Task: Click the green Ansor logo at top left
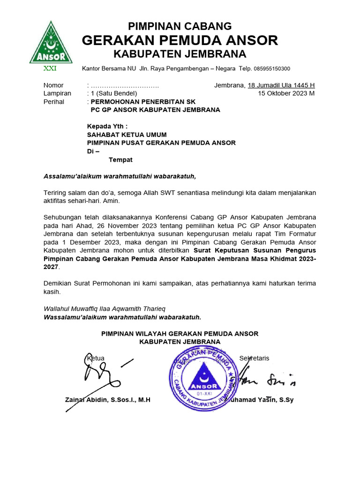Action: click(51, 43)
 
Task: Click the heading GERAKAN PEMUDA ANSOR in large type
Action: click(180, 40)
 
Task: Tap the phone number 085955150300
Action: click(272, 69)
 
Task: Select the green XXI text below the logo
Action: click(50, 68)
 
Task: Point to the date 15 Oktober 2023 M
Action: click(286, 93)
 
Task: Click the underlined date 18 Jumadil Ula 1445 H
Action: click(281, 85)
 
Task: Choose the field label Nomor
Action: click(53, 85)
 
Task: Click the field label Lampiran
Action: click(57, 93)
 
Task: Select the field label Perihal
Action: click(54, 102)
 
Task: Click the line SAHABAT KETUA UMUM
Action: click(127, 135)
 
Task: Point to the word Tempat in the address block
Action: click(120, 160)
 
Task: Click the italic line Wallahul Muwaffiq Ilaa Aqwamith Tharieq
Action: click(104, 309)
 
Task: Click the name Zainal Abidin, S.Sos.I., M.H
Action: click(107, 400)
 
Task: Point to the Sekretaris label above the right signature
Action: click(254, 358)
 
